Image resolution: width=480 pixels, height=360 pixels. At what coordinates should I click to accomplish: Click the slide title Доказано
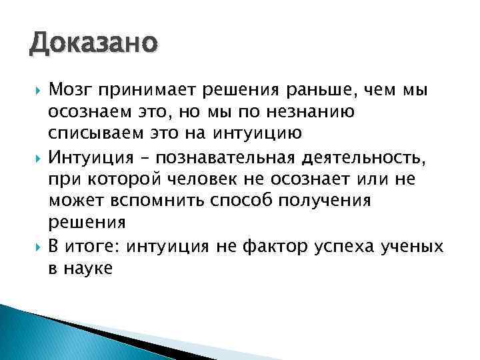pos(93,45)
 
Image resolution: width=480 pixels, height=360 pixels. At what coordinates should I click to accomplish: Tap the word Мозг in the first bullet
pos(72,90)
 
